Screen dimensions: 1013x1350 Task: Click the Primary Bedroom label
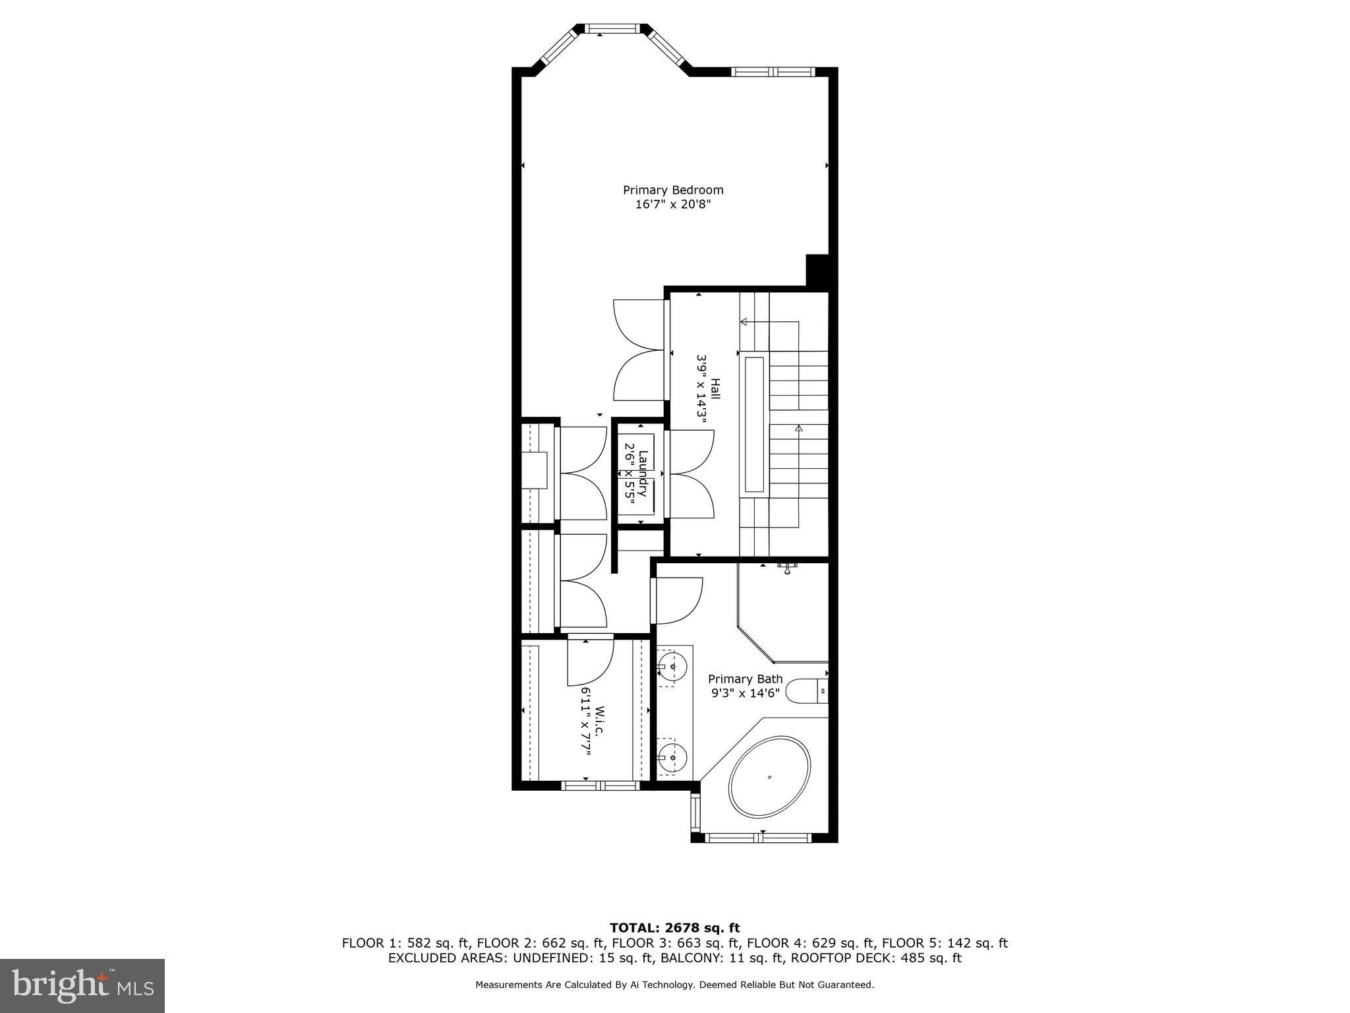[x=673, y=190]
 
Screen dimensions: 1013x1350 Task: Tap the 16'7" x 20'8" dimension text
[x=673, y=204]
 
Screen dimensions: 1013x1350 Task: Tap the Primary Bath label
[x=745, y=679]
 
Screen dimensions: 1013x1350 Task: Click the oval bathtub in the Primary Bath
[x=769, y=778]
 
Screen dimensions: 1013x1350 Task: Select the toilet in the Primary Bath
[x=806, y=691]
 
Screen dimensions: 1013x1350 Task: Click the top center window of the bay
[x=612, y=28]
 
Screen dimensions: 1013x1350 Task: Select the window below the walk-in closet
[x=600, y=785]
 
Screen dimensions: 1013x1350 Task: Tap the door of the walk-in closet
[x=590, y=661]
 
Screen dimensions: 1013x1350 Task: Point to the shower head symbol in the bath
[x=787, y=568]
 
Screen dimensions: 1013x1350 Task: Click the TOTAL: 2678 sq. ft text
[x=674, y=928]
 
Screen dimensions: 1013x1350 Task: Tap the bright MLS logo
[x=82, y=986]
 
